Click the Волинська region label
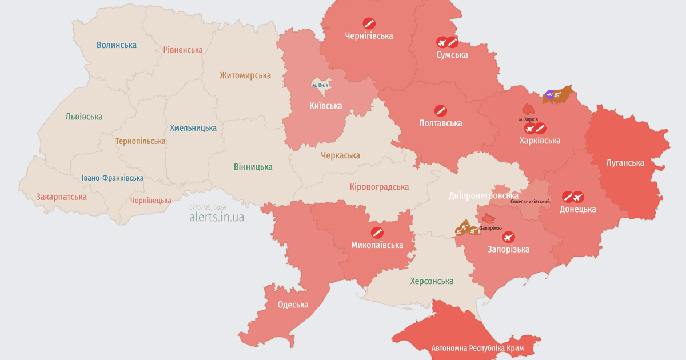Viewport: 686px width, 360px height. click(117, 45)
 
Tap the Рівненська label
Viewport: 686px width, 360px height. click(182, 50)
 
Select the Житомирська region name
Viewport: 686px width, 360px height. click(245, 75)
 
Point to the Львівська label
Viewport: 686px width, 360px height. click(84, 117)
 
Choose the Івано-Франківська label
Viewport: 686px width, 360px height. click(113, 178)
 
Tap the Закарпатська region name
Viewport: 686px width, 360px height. click(61, 197)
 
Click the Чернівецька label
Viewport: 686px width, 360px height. click(151, 200)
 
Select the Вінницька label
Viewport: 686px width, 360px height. click(253, 167)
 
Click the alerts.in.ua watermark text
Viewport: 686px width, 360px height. click(217, 217)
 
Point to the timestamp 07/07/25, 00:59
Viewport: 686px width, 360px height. click(208, 207)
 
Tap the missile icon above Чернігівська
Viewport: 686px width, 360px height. click(369, 23)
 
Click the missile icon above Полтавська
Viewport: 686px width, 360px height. click(440, 110)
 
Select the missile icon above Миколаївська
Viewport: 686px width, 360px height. click(377, 233)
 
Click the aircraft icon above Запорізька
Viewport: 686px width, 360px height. click(508, 237)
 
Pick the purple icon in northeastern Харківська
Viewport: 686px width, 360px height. click(549, 94)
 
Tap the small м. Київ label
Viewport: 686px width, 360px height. click(320, 85)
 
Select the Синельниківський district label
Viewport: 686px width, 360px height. click(531, 202)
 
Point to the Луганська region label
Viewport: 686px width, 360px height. click(625, 162)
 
